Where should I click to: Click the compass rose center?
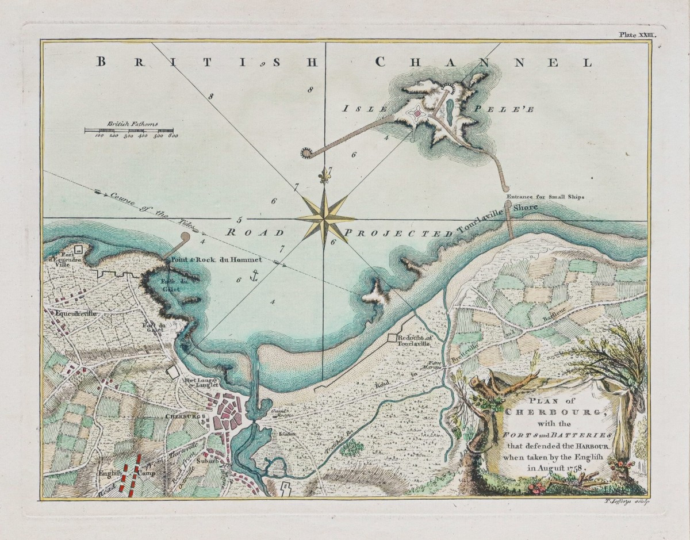pos(324,219)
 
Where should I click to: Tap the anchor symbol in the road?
pos(251,277)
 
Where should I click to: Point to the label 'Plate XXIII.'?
pos(637,35)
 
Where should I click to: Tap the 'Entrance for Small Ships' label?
pos(545,197)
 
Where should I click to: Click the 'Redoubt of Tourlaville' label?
pos(412,339)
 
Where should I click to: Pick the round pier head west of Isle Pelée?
pos(306,152)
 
